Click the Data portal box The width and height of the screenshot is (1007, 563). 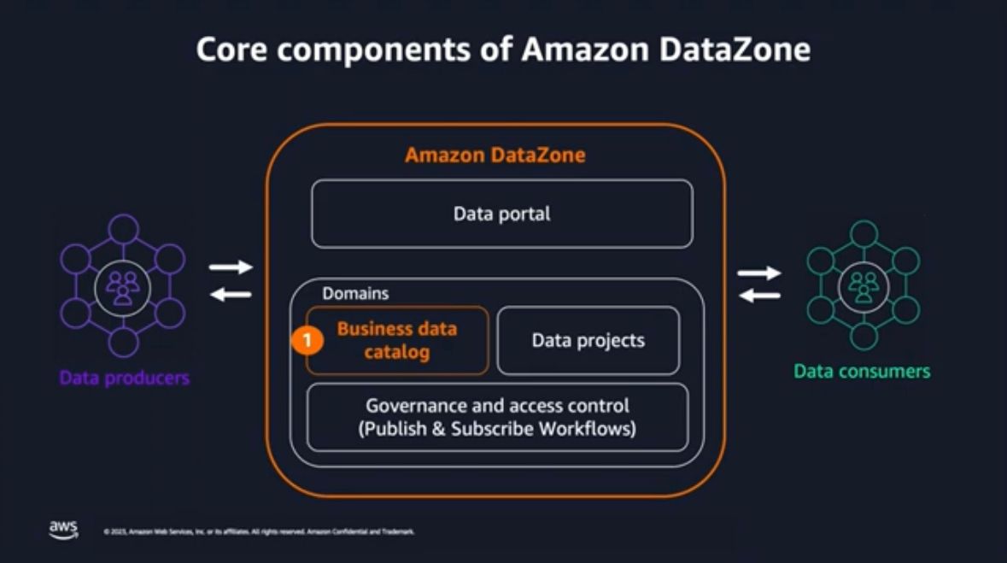point(501,214)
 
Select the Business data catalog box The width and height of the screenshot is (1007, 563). point(397,340)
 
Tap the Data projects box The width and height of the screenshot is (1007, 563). point(588,340)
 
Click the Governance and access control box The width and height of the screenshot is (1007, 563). point(496,417)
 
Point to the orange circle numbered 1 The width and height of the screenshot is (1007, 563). point(307,340)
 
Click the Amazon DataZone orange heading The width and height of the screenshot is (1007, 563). point(495,155)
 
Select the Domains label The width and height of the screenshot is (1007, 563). point(355,293)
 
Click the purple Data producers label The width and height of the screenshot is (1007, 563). point(125,377)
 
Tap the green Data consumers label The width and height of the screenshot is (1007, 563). point(862,371)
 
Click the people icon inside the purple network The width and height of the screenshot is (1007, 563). point(123,287)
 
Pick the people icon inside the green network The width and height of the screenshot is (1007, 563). point(864,287)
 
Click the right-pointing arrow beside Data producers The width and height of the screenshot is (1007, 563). point(231,267)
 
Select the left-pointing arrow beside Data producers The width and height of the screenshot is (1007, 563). point(231,295)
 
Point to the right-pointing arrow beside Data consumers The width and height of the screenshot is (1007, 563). point(759,273)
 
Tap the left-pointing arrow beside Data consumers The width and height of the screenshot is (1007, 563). point(759,296)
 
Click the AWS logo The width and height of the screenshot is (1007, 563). point(63,530)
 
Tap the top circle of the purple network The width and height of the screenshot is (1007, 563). point(124,228)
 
